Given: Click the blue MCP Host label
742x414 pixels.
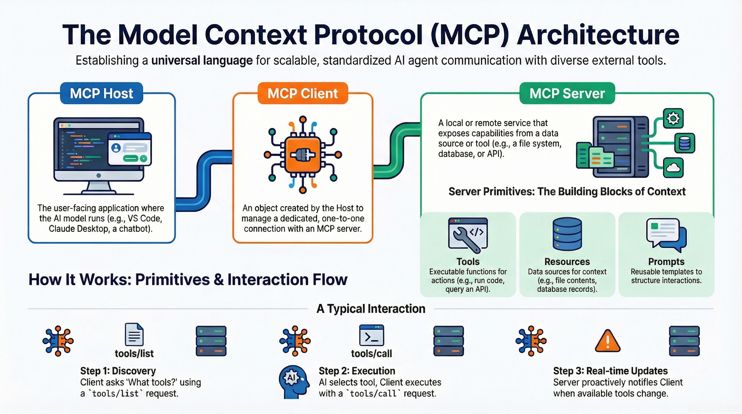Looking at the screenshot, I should pos(101,93).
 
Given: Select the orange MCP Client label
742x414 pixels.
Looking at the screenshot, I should pos(303,93).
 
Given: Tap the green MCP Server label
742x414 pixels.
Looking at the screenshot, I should pos(567,93).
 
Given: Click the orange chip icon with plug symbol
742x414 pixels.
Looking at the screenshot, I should pos(303,155).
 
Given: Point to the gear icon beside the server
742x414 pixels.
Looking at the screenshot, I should pos(673,118).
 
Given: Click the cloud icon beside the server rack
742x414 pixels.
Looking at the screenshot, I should pos(673,168).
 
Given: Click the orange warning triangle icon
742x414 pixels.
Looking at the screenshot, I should pos(607,341).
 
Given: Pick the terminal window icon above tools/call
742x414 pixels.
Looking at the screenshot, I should pos(372,335).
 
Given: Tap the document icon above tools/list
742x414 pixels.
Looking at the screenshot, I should pos(134,334).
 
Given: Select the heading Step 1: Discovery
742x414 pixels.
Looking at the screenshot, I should pos(118,371).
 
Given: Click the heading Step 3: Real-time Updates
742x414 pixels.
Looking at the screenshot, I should pos(610,371).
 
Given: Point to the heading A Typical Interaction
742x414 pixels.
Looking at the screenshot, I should pos(371,309).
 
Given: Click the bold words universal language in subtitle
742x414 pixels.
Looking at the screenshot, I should pos(202,61).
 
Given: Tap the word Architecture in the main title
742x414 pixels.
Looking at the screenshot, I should pos(598,35).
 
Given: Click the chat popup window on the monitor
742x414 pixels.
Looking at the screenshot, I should pos(130,149).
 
